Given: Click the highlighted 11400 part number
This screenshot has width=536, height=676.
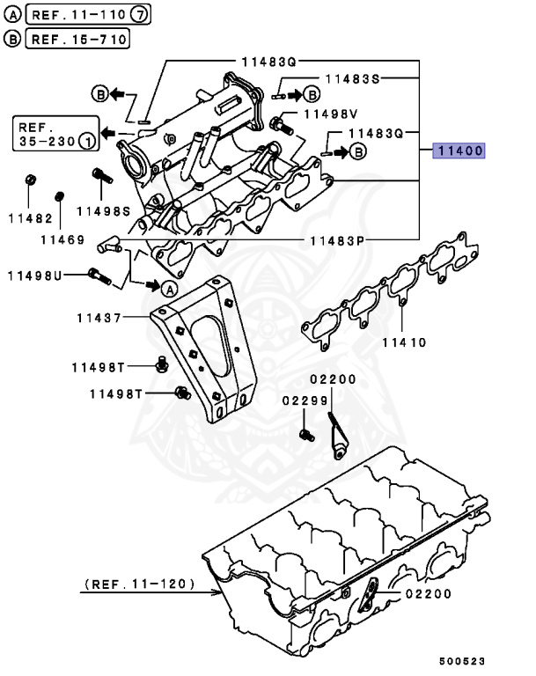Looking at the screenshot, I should pos(458,151).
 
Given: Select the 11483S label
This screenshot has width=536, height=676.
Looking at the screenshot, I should pos(352,78).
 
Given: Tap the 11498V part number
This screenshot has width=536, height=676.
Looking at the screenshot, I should pos(330,114).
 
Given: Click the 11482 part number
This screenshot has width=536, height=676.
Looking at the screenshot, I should pos(30,217).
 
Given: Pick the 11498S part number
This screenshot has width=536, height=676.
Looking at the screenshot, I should pos(102,211).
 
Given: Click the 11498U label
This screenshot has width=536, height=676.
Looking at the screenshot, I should pos(35,276).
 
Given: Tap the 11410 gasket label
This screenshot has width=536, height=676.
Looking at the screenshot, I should pos(404,341).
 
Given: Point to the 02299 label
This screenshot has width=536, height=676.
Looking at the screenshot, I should pos(298,400).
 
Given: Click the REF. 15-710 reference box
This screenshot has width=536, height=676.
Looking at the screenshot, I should pos(78,39).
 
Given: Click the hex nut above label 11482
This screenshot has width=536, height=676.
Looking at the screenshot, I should pos(29,180).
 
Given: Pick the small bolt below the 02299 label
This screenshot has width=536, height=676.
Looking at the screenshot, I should pos(305,433).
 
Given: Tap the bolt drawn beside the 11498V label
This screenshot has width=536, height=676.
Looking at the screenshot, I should pos(280,124).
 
